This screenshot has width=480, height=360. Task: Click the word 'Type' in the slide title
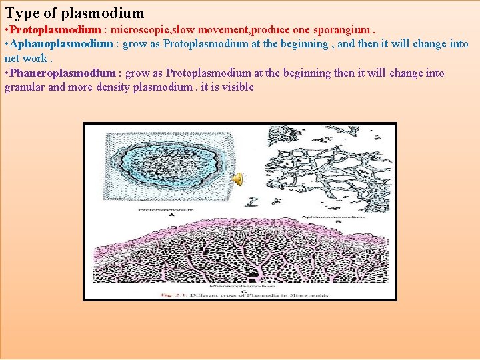point(21,13)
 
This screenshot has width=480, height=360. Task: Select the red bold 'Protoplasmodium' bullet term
point(56,30)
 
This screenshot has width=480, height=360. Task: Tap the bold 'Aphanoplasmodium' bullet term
point(62,44)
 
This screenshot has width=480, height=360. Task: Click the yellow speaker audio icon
point(238,178)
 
